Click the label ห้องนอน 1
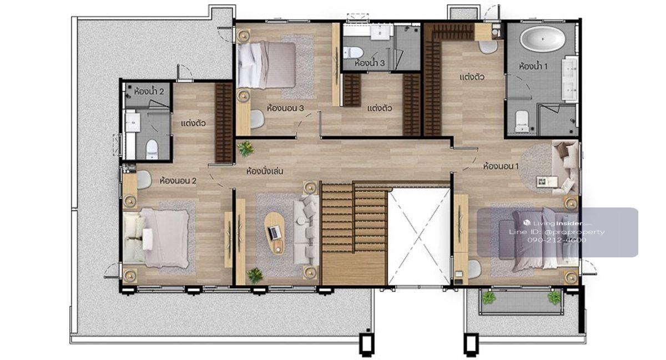click(501, 166)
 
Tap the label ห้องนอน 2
click(178, 180)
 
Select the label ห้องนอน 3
click(285, 108)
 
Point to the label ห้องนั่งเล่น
click(265, 171)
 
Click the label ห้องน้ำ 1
click(533, 66)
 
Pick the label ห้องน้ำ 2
click(149, 91)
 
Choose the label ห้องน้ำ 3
click(370, 63)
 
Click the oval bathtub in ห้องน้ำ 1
click(543, 39)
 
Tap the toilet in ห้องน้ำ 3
click(353, 53)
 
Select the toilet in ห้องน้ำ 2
click(152, 149)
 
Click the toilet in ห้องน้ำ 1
click(522, 121)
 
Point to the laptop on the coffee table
click(275, 232)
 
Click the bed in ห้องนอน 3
click(266, 65)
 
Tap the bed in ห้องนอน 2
click(156, 237)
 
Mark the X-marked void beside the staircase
click(419, 236)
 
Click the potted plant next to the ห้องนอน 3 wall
click(245, 149)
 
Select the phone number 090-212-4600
click(557, 240)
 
